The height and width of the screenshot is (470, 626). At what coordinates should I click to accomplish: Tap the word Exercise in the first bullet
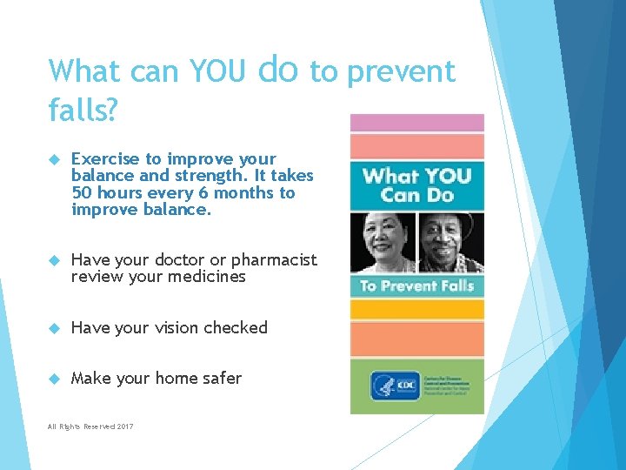pyautogui.click(x=105, y=159)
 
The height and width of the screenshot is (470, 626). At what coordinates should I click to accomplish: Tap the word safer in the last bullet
pyautogui.click(x=222, y=379)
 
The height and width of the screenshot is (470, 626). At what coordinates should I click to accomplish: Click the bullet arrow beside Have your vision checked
pyautogui.click(x=52, y=328)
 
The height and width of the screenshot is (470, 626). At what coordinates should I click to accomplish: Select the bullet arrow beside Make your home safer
pyautogui.click(x=52, y=379)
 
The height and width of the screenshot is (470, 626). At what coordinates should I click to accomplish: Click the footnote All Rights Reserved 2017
pyautogui.click(x=91, y=426)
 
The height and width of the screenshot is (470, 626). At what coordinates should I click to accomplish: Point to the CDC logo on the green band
pyautogui.click(x=383, y=386)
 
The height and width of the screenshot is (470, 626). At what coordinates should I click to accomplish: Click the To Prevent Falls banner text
pyautogui.click(x=416, y=286)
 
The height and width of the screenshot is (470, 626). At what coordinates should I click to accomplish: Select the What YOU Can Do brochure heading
pyautogui.click(x=416, y=184)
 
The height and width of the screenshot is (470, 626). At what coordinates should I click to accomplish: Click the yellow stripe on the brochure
pyautogui.click(x=416, y=309)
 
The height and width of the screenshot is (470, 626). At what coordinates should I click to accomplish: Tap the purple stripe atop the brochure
pyautogui.click(x=416, y=123)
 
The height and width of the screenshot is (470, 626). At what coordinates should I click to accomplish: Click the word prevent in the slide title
pyautogui.click(x=400, y=71)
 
